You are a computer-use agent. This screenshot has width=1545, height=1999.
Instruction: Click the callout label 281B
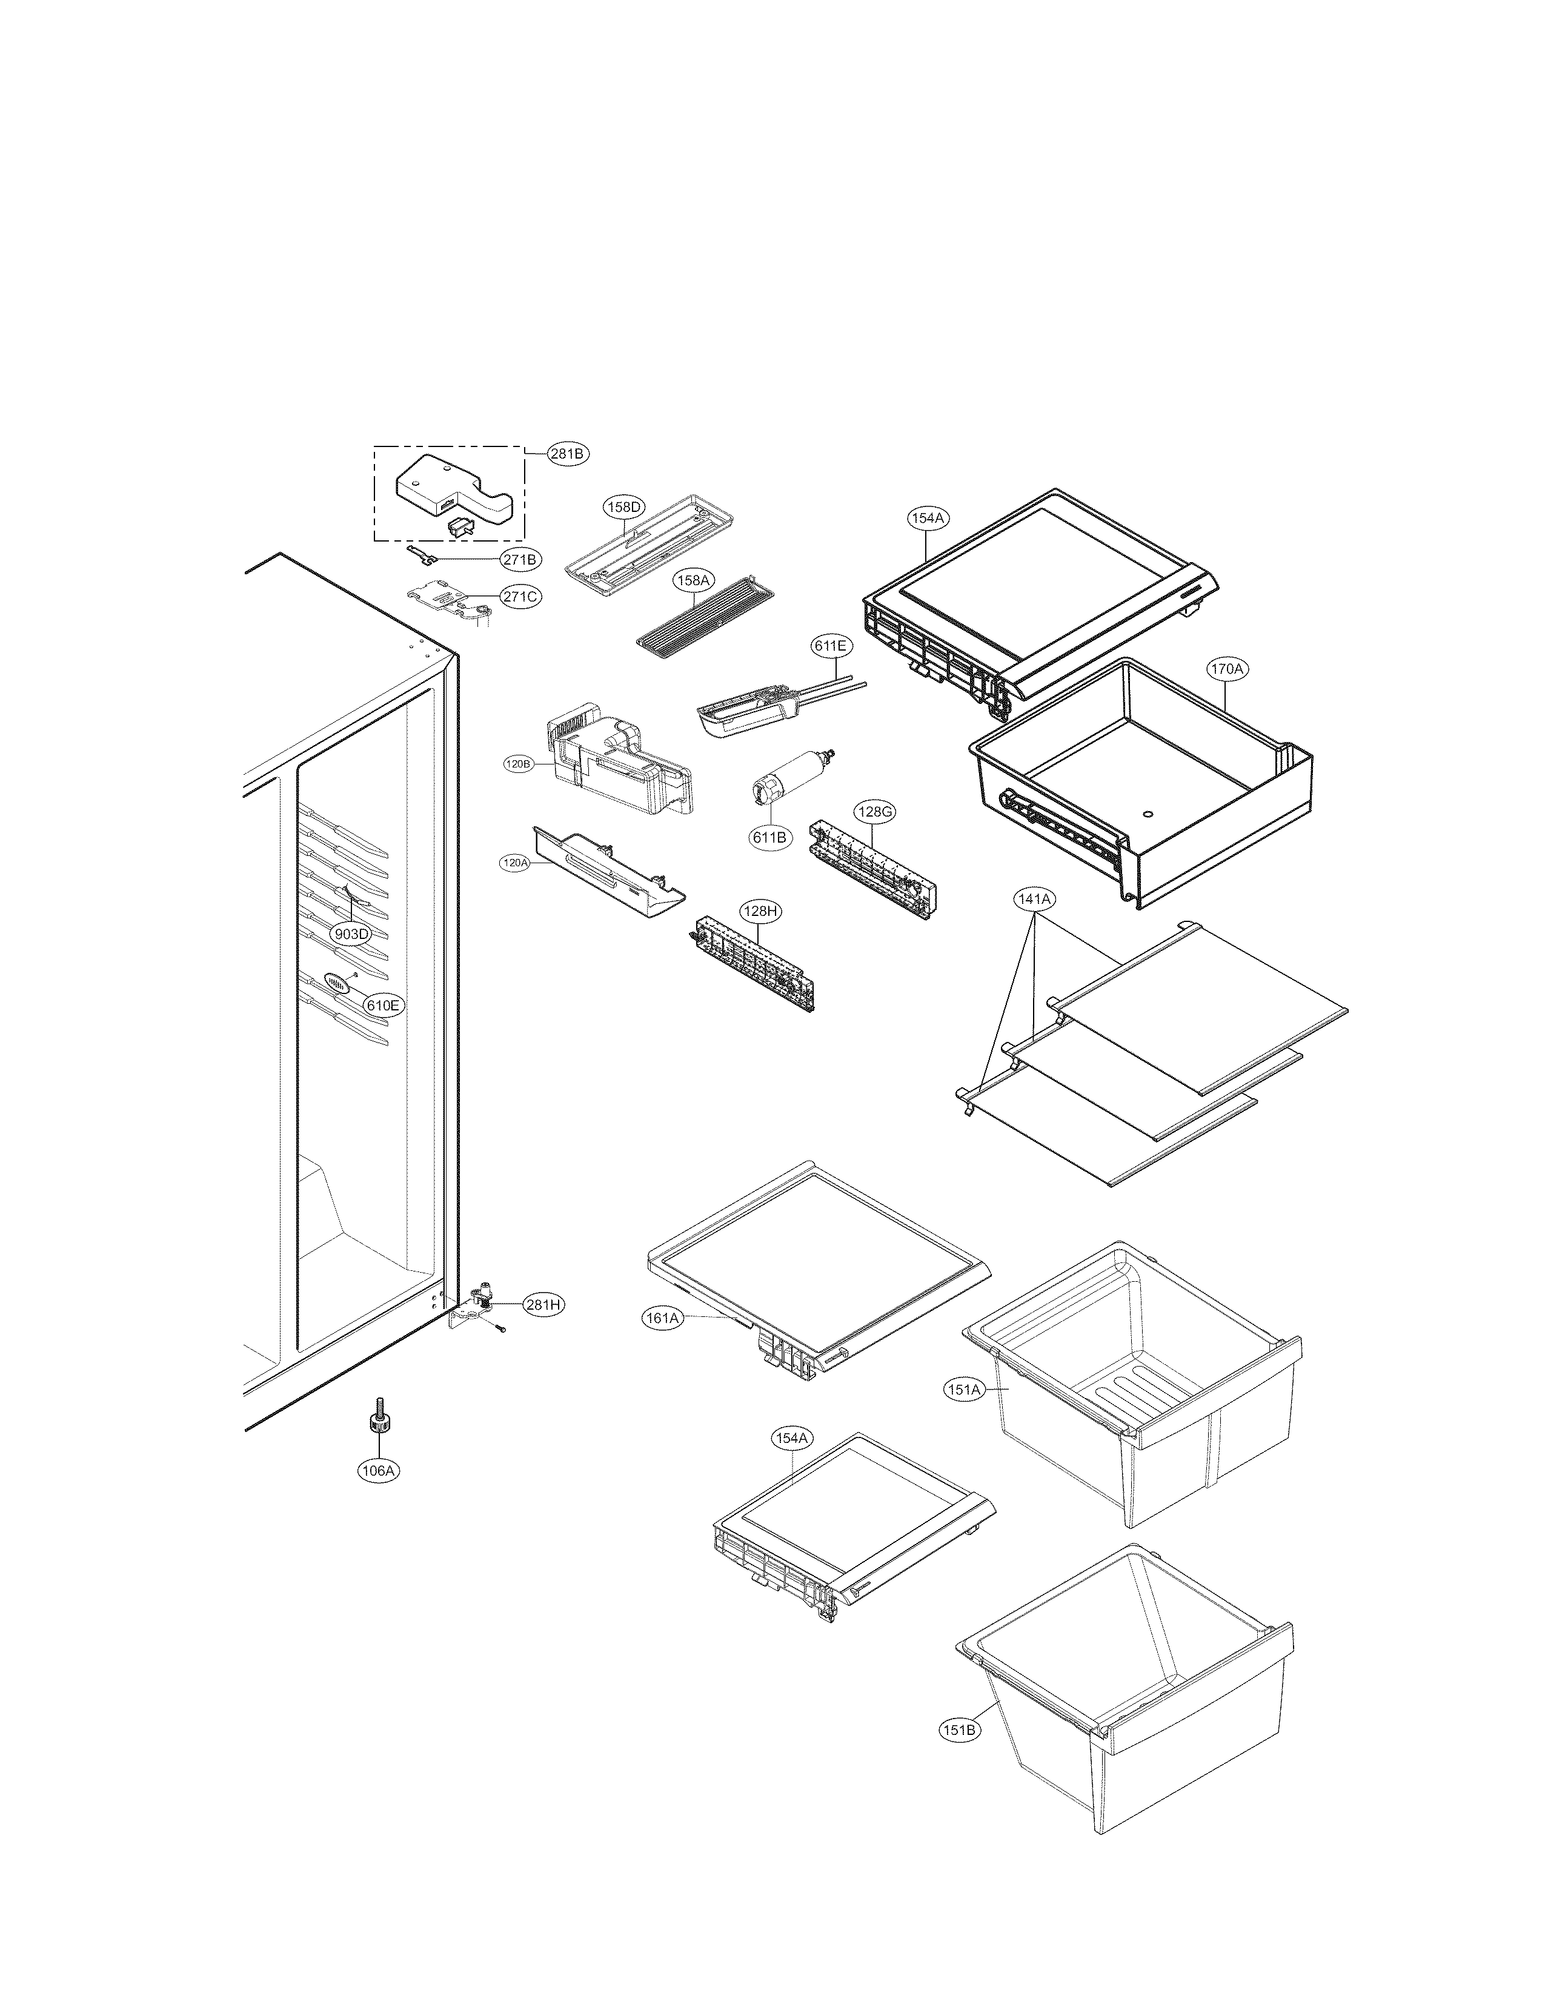(568, 453)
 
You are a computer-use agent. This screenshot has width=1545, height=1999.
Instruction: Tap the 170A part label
(1226, 669)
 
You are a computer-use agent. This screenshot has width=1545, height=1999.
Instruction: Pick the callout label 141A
(1034, 900)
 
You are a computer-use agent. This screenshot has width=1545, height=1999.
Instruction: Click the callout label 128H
(760, 912)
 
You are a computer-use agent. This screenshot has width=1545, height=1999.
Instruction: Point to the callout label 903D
(351, 933)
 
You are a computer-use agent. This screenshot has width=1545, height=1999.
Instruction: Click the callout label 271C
(520, 597)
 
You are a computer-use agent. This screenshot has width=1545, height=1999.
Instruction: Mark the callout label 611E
(830, 645)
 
